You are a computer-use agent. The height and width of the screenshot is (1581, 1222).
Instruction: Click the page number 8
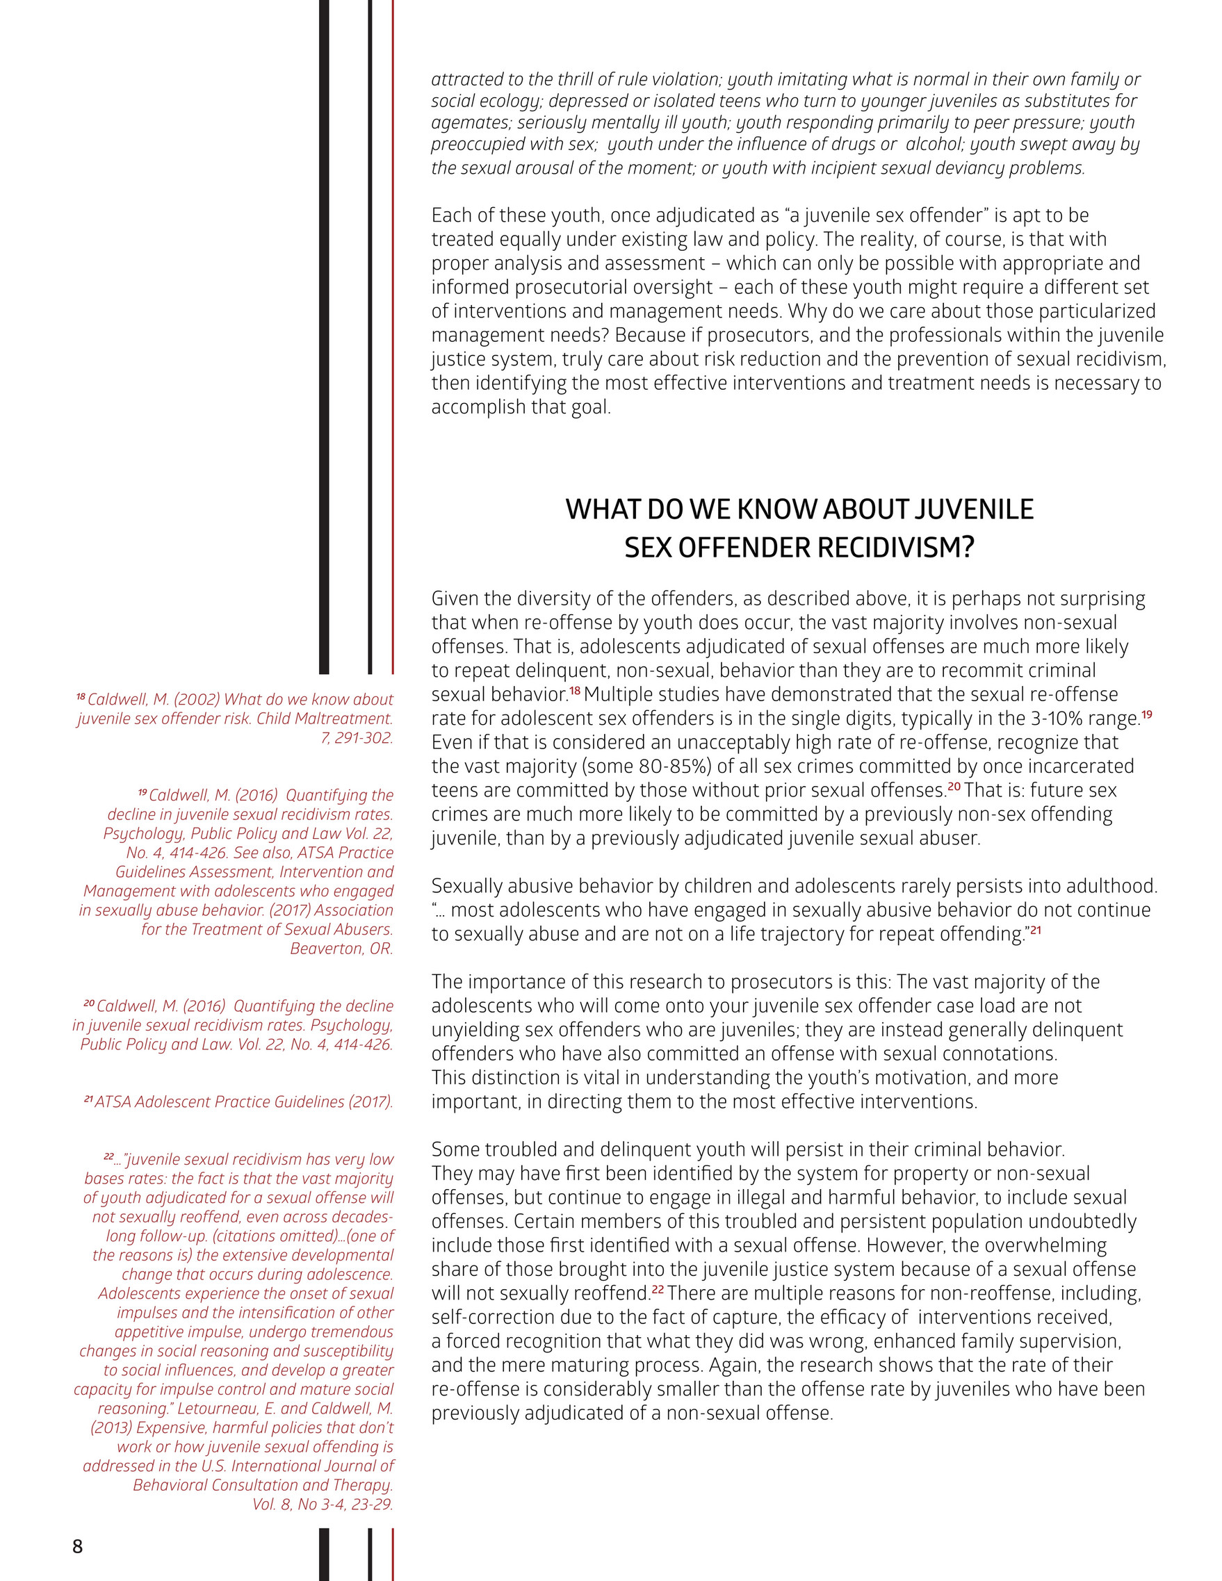click(x=77, y=1546)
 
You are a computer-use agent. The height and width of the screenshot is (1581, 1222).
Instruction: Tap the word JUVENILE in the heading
click(x=973, y=509)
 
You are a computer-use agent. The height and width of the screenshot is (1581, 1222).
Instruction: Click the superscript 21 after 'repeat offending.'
click(x=1035, y=931)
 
